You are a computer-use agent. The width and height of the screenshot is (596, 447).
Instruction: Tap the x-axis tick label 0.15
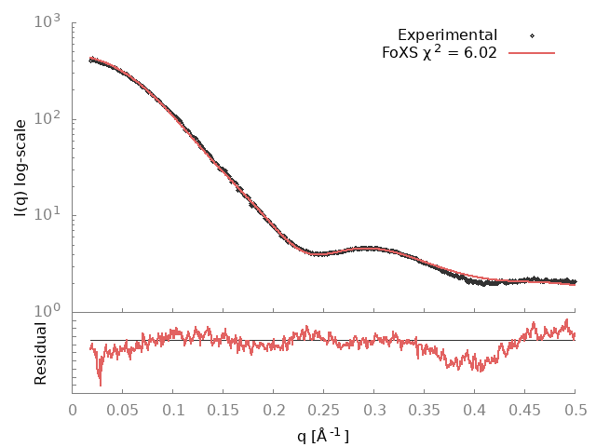[x=223, y=410]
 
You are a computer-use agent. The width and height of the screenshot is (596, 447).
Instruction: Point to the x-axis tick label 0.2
[x=274, y=410]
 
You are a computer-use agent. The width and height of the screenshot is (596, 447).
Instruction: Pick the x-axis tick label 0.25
[x=324, y=410]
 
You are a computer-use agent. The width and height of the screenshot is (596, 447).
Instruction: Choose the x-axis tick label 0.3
[x=374, y=410]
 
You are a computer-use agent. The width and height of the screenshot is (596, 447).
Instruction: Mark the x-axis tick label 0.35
[x=425, y=410]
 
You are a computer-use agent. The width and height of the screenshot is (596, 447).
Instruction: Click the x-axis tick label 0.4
[x=475, y=410]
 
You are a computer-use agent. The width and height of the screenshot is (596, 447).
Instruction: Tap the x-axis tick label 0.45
[x=525, y=410]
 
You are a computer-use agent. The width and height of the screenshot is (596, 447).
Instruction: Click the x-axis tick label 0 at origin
[x=74, y=410]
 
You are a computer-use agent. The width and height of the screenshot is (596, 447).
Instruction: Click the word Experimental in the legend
[x=447, y=35]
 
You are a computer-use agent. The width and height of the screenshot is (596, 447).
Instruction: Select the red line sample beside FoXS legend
[x=532, y=52]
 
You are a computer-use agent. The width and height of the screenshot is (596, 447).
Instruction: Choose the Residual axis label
[x=40, y=353]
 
